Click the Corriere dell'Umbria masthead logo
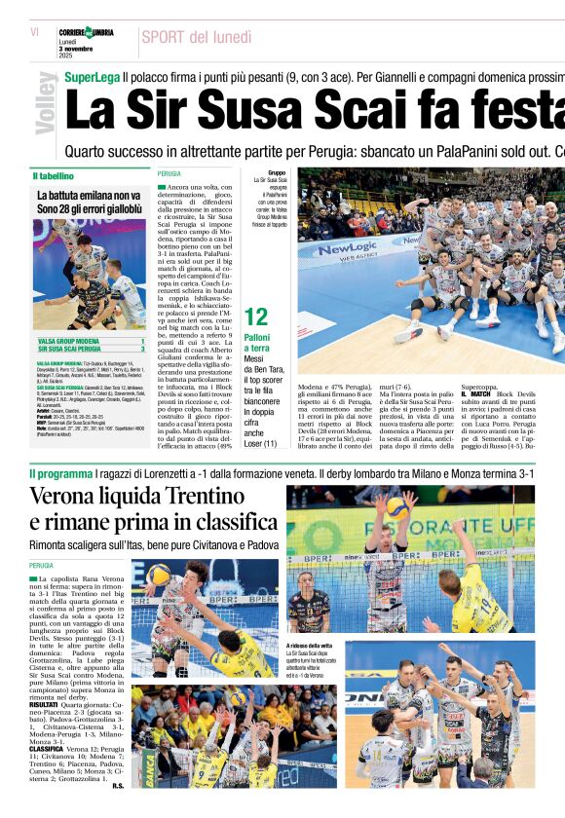tap(86, 33)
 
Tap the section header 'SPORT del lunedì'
tap(196, 37)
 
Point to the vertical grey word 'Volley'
tap(46, 102)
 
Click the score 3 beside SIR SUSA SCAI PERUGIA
tap(142, 349)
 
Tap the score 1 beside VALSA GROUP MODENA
tap(142, 341)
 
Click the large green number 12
tap(256, 316)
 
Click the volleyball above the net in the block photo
tap(396, 506)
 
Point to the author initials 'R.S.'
tap(118, 786)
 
